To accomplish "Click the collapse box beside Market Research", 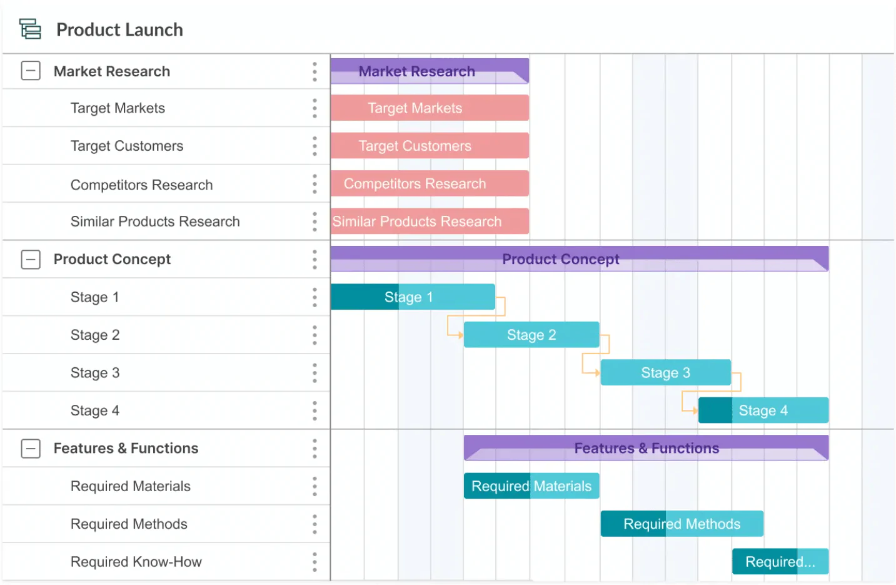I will click(x=31, y=71).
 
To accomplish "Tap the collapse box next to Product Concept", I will click(x=31, y=259).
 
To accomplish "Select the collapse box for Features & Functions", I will click(x=31, y=448).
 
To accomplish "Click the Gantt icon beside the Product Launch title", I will click(x=30, y=29).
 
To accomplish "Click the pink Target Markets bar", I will click(x=430, y=108).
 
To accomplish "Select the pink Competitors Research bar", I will click(x=430, y=183).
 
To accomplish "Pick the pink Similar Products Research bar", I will click(x=430, y=221).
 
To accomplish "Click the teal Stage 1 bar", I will click(x=413, y=297).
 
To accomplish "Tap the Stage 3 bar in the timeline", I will click(x=665, y=372).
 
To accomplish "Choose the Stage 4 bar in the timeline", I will click(x=763, y=410).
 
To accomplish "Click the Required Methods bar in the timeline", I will click(x=682, y=524).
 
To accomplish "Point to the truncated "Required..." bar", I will click(x=780, y=561).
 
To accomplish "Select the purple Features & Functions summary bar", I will click(x=646, y=448).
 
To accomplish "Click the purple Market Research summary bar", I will click(x=430, y=71).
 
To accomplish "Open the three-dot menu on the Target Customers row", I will click(x=315, y=146).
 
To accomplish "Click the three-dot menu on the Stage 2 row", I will click(x=315, y=335).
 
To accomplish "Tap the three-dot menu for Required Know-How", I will click(x=315, y=561).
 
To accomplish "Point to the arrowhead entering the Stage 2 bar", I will click(x=460, y=335).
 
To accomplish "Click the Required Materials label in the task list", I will click(x=130, y=486).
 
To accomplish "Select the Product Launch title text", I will click(x=119, y=29).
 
